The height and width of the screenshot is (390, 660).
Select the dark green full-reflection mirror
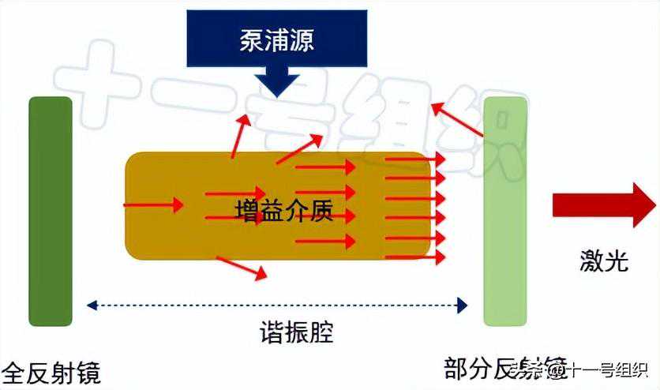coord(51,211)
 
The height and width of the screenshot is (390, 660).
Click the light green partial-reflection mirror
coord(504,211)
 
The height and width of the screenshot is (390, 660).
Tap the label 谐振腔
coord(297,332)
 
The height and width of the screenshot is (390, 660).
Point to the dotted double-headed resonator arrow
coord(276,303)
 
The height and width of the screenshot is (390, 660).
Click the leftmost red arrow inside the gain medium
coord(153,205)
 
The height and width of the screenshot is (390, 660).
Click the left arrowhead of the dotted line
coord(91,303)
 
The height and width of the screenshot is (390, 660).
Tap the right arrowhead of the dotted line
coord(463,303)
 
